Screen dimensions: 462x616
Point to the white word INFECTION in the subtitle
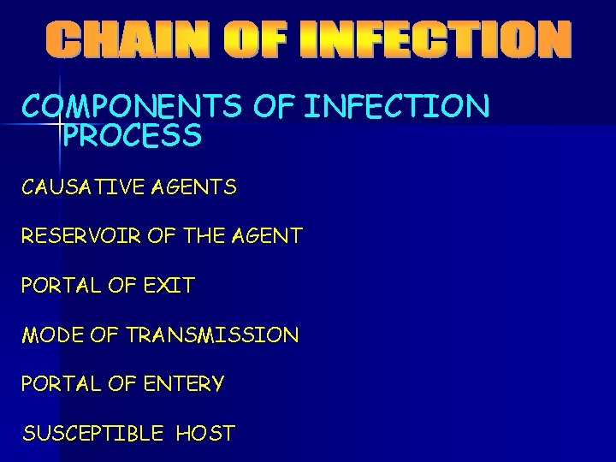pos(397,107)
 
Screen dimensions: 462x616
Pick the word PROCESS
pos(133,135)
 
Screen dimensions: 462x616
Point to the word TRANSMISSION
pos(212,335)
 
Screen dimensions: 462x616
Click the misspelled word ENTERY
pos(181,384)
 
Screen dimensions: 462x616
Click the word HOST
pos(205,434)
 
